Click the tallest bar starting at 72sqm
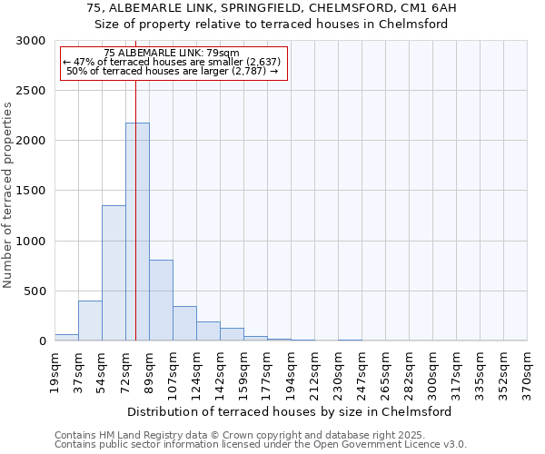137,232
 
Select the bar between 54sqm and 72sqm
114,272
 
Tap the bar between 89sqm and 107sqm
161,300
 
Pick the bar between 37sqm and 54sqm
90,321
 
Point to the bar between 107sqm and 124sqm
184,323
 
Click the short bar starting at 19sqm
66,337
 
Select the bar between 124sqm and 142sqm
208,331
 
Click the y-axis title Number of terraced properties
8,195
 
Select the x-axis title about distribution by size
291,411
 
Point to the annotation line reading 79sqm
172,54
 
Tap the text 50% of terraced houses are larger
172,71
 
